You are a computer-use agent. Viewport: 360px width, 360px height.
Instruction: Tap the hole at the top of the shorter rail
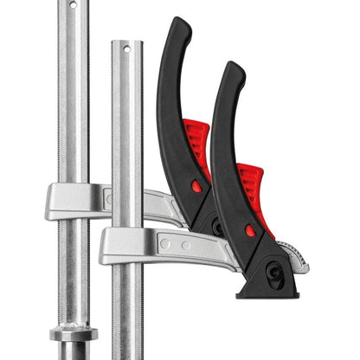pos(127,49)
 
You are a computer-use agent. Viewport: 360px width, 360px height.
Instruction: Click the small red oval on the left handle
pos(197,186)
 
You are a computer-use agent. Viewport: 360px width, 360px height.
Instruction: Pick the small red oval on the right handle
pos(250,230)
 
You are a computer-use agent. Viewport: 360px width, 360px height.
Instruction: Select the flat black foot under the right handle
pos(268,291)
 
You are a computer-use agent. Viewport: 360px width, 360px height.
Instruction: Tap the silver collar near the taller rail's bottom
pos(74,332)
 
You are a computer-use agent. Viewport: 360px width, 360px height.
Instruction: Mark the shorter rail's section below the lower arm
pos(127,312)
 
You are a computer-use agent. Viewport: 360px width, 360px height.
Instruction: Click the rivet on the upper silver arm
pos(108,198)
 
